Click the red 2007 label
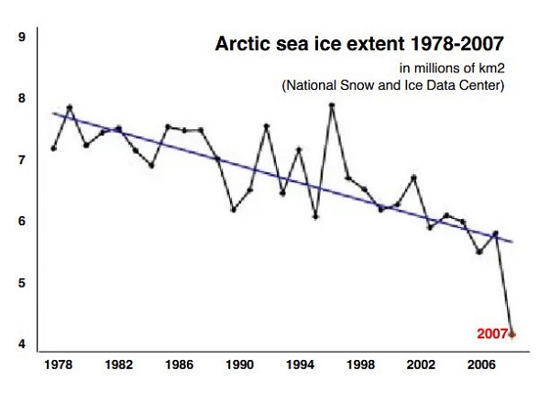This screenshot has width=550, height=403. (490, 334)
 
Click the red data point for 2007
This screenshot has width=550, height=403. (511, 334)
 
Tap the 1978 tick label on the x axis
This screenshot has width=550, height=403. (58, 365)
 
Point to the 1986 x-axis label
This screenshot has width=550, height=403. (179, 365)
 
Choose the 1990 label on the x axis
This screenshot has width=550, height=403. (239, 365)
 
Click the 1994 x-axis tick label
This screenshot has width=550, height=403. (300, 365)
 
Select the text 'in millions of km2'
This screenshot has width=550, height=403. (452, 68)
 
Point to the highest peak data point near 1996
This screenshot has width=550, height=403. (332, 105)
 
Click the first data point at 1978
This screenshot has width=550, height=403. (54, 148)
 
